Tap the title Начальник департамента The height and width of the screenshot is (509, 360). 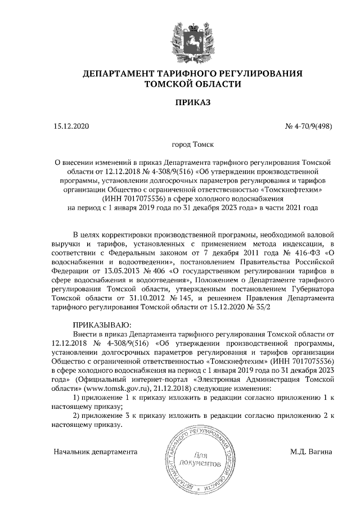point(96,451)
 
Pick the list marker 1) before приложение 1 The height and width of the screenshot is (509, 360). point(78,397)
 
